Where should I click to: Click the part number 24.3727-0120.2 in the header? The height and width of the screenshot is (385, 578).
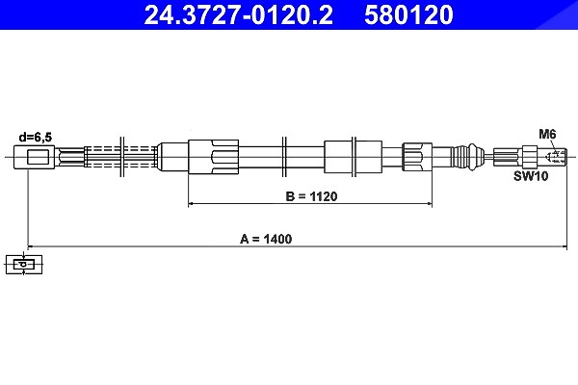tap(239, 14)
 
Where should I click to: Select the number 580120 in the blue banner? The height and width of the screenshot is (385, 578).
tap(408, 14)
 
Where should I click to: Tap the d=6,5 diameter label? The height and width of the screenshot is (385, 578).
tap(36, 138)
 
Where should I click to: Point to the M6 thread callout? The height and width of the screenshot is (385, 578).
tap(547, 134)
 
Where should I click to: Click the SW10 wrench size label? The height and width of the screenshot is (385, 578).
tap(531, 176)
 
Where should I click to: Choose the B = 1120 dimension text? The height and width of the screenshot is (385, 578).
tap(311, 196)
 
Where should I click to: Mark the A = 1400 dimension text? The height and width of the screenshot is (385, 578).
tap(266, 239)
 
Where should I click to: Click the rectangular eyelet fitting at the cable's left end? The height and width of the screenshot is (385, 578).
tap(35, 157)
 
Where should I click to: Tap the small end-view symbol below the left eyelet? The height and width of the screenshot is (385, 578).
tap(24, 264)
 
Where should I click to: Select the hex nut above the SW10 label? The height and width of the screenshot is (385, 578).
tap(530, 157)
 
